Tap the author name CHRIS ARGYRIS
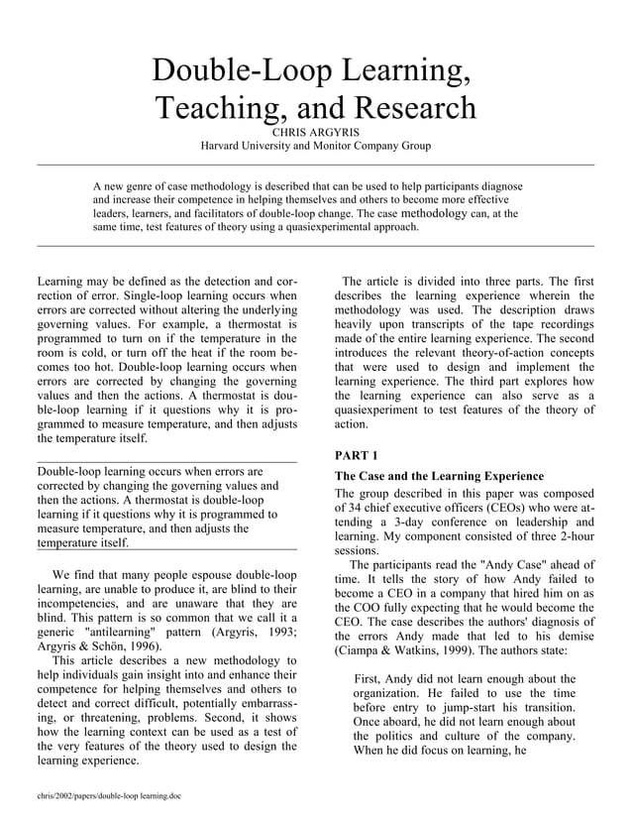pyautogui.click(x=315, y=129)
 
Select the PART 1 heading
pyautogui.click(x=357, y=455)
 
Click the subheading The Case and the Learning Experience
pyautogui.click(x=439, y=477)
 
